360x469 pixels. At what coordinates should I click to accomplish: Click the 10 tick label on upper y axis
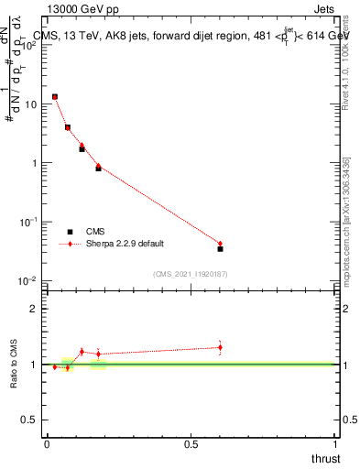30,104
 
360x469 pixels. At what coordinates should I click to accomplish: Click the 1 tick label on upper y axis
34,163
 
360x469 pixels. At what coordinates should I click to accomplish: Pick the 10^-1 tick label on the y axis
28,222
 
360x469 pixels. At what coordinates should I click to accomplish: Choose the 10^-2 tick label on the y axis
28,280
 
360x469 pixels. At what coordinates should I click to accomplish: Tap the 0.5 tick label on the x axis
191,444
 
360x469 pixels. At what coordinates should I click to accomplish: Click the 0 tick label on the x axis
47,444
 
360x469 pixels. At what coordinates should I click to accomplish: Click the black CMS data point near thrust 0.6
220,248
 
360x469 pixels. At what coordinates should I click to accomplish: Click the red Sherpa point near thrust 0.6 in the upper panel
220,244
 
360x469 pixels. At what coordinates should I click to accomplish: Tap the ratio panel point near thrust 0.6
220,347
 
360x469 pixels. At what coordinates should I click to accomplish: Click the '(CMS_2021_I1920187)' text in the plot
190,274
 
